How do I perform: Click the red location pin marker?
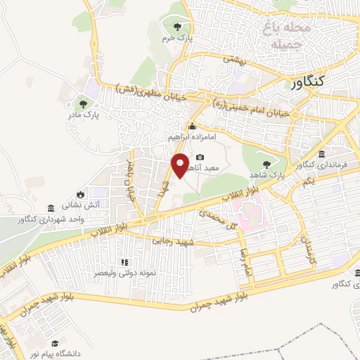tap(181, 166)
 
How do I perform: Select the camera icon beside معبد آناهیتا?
tap(200, 157)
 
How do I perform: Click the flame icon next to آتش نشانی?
tap(80, 194)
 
